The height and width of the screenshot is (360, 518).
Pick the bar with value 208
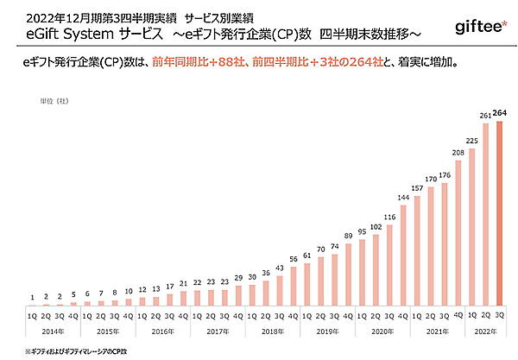(x=458, y=234)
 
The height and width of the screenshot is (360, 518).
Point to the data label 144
(x=402, y=198)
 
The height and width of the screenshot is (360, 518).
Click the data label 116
(x=388, y=217)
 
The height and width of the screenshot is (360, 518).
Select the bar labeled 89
(x=347, y=275)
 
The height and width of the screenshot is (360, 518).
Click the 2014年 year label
(x=53, y=331)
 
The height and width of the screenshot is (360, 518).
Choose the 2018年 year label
(x=272, y=331)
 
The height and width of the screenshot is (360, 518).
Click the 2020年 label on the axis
(x=382, y=331)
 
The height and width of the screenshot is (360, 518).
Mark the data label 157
(x=416, y=188)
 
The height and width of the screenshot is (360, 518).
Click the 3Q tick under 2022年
(x=499, y=317)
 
